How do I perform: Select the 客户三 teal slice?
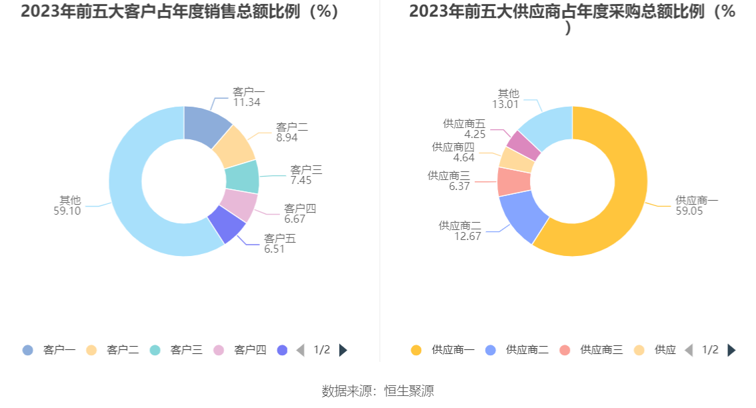(241, 177)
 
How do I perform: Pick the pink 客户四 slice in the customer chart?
(239, 205)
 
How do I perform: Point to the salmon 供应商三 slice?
(514, 181)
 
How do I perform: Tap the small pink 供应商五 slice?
(524, 146)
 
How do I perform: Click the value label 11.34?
(247, 103)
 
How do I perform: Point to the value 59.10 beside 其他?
(67, 211)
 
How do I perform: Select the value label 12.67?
(467, 236)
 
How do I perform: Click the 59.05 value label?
(690, 211)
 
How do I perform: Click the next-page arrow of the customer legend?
(343, 350)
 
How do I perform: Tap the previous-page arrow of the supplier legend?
(689, 350)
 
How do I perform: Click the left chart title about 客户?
(179, 12)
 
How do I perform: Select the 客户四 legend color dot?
(219, 350)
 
